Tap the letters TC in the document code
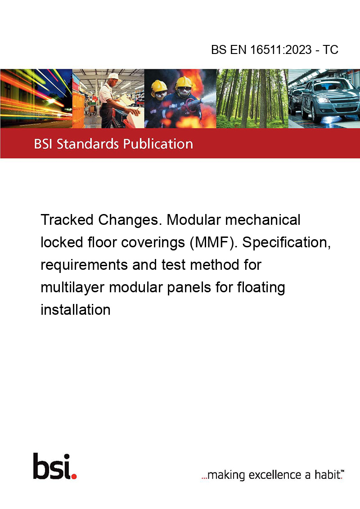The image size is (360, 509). tap(330, 49)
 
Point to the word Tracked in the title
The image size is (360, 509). tap(67, 220)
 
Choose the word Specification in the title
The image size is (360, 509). tap(286, 242)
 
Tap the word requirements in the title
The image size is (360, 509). tap(84, 265)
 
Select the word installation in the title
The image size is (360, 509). tap(76, 310)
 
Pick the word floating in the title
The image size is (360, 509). tap(261, 288)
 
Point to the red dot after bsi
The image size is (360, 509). tap(74, 476)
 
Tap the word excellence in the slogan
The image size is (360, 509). tap(275, 475)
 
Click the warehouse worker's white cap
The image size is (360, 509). tap(113, 76)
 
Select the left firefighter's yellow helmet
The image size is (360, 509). tap(158, 86)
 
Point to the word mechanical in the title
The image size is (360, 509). tap(263, 220)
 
